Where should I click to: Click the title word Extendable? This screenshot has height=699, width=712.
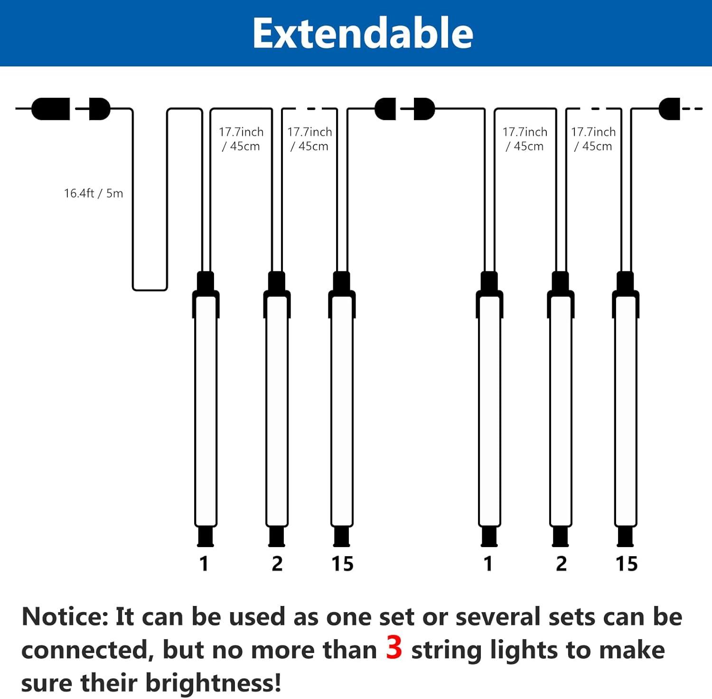[363, 33]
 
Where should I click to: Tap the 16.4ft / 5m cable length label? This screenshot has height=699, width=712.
[94, 193]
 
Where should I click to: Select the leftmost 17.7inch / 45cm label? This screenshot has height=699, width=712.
[241, 139]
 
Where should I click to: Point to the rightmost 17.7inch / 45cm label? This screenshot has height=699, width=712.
[593, 139]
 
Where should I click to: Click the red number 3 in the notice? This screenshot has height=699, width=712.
[394, 648]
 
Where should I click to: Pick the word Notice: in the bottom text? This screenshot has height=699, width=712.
[66, 617]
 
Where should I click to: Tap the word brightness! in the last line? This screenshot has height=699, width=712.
[213, 683]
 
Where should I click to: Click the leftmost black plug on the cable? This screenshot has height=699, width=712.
[51, 109]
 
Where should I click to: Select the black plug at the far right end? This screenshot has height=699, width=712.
[669, 109]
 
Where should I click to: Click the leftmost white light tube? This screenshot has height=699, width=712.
[206, 410]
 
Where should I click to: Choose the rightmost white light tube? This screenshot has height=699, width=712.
[626, 410]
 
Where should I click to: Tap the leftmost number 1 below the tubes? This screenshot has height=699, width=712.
[204, 564]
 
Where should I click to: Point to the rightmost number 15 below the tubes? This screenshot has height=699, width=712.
[627, 564]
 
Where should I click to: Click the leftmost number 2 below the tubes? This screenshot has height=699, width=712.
[277, 564]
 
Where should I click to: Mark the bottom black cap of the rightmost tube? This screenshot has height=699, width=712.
[626, 536]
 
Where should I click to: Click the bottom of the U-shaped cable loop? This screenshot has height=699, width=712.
[150, 289]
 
